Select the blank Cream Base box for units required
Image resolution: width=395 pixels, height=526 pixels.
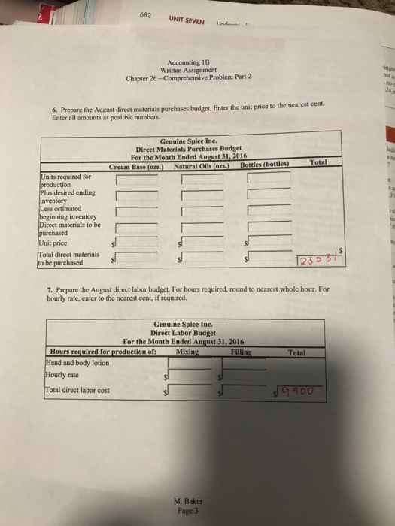(x=135, y=178)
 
